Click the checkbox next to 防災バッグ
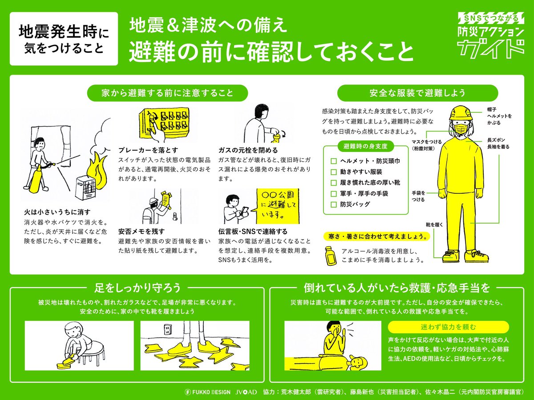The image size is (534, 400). click(x=333, y=205)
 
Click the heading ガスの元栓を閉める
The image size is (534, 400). click(x=248, y=150)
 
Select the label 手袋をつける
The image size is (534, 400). click(x=418, y=196)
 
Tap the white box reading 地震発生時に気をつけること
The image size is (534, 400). click(x=64, y=39)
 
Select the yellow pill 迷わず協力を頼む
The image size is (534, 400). click(x=448, y=327)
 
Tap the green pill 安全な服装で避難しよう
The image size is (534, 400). click(x=417, y=93)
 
